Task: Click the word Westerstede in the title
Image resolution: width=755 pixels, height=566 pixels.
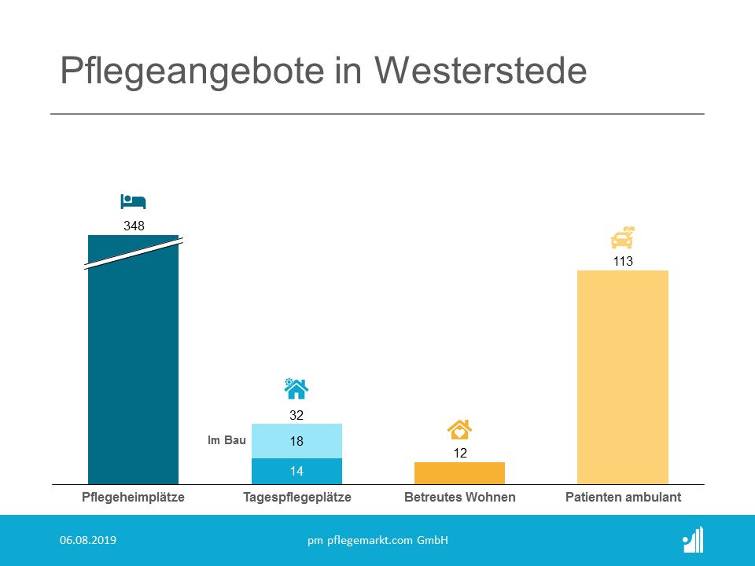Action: pyautogui.click(x=481, y=72)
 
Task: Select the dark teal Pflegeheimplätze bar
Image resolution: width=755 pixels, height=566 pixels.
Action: pyautogui.click(x=133, y=369)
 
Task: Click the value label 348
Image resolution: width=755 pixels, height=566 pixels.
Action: pyautogui.click(x=134, y=226)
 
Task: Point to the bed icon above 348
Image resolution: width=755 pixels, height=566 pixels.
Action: pyautogui.click(x=133, y=202)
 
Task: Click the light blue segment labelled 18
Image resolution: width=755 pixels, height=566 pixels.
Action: pyautogui.click(x=296, y=441)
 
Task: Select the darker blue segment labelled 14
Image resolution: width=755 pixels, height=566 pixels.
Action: pyautogui.click(x=296, y=471)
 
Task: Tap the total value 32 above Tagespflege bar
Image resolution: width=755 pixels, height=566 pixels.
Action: pyautogui.click(x=296, y=414)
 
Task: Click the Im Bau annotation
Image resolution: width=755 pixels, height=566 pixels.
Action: pyautogui.click(x=226, y=441)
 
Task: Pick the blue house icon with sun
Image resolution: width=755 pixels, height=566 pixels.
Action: pyautogui.click(x=296, y=388)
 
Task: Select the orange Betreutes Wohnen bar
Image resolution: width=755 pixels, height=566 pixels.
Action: pyautogui.click(x=459, y=472)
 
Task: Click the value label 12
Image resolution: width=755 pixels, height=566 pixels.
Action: pyautogui.click(x=459, y=453)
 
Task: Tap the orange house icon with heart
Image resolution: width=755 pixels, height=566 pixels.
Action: pyautogui.click(x=459, y=429)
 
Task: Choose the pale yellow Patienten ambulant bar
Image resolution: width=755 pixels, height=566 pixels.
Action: pyautogui.click(x=623, y=377)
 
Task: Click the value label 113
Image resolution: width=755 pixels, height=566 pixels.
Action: pyautogui.click(x=623, y=261)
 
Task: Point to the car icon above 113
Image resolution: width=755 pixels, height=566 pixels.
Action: pyautogui.click(x=623, y=237)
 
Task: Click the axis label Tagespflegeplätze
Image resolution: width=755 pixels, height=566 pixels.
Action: pyautogui.click(x=296, y=498)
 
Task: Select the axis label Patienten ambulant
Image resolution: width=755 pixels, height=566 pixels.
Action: pyautogui.click(x=623, y=498)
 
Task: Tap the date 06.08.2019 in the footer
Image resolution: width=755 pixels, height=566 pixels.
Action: pyautogui.click(x=88, y=540)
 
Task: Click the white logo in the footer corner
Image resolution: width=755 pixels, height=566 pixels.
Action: pyautogui.click(x=694, y=540)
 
